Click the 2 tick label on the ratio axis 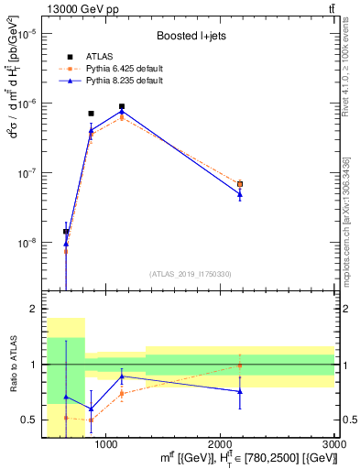pos(35,310)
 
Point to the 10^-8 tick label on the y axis pos(29,243)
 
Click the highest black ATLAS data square pos(121,106)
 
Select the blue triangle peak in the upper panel pos(121,112)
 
